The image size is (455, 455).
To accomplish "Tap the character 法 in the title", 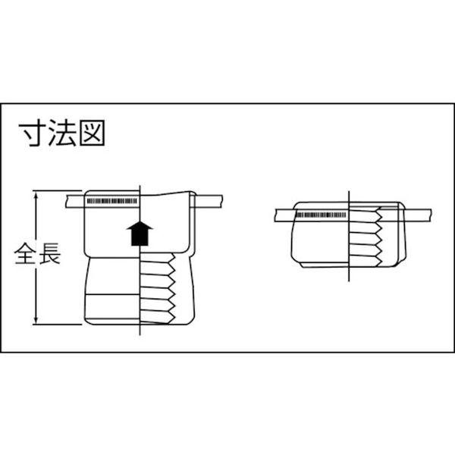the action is click(62, 133).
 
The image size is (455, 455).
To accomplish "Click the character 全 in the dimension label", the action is click(25, 253).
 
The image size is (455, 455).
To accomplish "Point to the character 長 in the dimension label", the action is click(50, 253).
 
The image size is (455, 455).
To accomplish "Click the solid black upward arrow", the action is click(140, 233).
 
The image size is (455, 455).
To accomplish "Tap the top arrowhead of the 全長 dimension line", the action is click(36, 194).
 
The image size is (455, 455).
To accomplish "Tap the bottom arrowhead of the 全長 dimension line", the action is click(36, 320).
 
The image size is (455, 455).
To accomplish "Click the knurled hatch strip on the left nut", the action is click(111, 201).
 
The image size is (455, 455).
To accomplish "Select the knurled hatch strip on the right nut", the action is click(321, 215).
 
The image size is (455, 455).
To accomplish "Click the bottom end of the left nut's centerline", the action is click(140, 335).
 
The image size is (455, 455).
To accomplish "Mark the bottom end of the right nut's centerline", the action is click(349, 281).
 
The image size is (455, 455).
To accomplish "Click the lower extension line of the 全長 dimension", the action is click(58, 325).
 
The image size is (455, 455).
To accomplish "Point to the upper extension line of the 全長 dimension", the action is click(58, 190).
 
